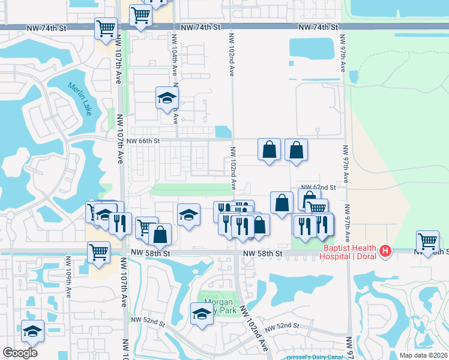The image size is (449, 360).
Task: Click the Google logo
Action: pyautogui.click(x=20, y=353)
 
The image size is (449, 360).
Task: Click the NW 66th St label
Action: pyautogui.click(x=143, y=140)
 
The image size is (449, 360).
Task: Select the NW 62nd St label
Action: pyautogui.click(x=318, y=187)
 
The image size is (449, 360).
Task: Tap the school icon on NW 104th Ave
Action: pyautogui.click(x=167, y=98)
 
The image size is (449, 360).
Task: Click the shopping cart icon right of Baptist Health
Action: pyautogui.click(x=427, y=241)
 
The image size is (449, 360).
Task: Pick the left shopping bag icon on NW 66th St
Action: pyautogui.click(x=270, y=149)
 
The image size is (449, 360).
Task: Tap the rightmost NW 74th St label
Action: pyautogui.click(x=318, y=28)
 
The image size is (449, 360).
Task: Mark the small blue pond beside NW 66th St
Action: pyautogui.click(x=223, y=131)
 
